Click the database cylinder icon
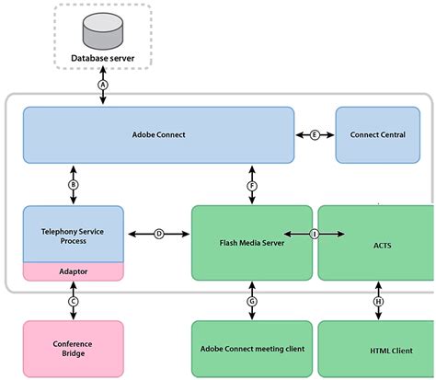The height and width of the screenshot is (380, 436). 102,33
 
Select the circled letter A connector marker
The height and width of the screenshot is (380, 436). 102,84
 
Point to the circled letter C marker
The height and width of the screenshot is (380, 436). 71,301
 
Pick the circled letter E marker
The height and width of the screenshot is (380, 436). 315,134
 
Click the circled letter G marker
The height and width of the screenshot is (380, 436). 250,301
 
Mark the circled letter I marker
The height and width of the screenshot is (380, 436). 314,235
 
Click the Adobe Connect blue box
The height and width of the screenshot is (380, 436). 158,134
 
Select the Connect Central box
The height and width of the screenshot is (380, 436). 377,134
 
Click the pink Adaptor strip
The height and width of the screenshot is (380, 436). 71,271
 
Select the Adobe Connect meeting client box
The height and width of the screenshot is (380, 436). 250,351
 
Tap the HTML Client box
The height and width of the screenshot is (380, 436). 378,351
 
